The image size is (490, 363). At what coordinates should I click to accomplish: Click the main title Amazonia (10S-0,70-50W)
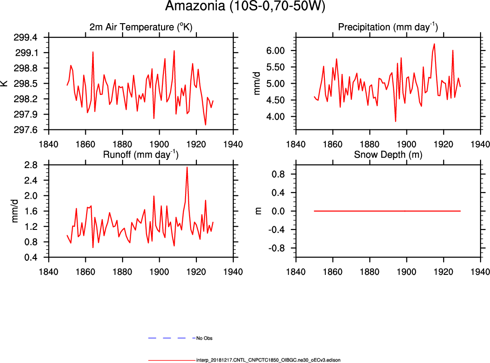[245, 6]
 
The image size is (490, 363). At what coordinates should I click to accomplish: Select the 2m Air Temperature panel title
[141, 27]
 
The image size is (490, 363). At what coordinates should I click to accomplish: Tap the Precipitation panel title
[388, 27]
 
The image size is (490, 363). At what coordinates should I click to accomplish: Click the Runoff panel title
[141, 154]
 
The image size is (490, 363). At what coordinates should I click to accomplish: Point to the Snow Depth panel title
[388, 154]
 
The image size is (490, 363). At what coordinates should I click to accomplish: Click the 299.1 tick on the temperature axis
[39, 53]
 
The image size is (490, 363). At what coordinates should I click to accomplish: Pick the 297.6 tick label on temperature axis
[39, 130]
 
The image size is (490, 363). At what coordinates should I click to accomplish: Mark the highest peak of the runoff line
[187, 167]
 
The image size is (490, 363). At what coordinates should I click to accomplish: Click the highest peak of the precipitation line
[434, 44]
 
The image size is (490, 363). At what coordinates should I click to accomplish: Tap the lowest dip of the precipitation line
[396, 121]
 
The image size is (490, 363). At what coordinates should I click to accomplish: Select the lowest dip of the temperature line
[206, 125]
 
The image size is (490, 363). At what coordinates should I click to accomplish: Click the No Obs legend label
[204, 338]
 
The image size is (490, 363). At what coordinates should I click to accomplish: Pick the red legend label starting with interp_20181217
[268, 360]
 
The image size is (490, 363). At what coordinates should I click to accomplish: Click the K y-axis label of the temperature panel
[4, 84]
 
